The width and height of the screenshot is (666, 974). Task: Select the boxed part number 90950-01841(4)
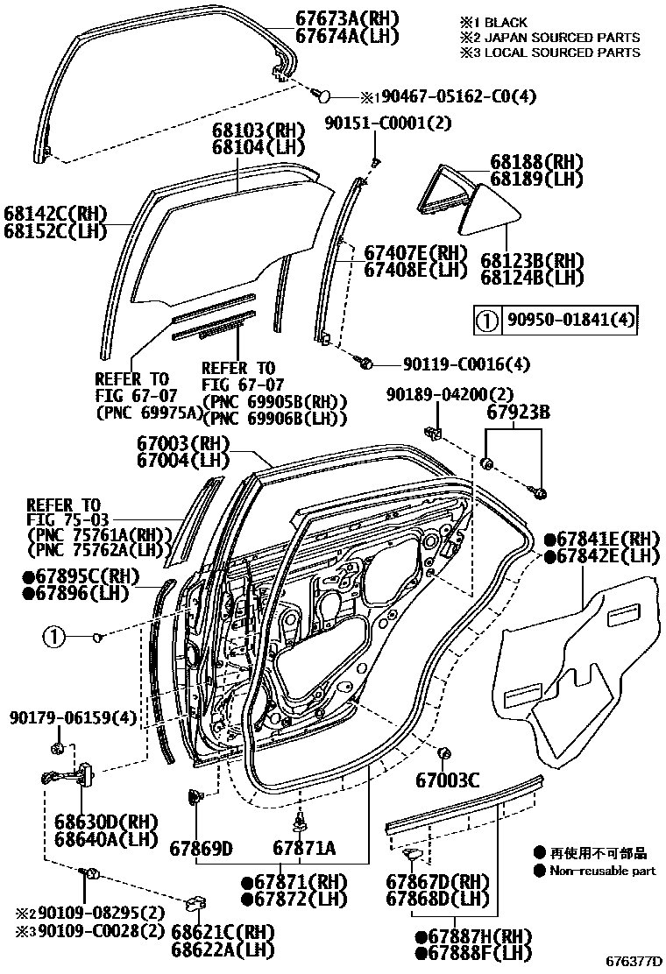[x=570, y=320]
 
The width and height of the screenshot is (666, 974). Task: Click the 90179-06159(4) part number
[x=74, y=718]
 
